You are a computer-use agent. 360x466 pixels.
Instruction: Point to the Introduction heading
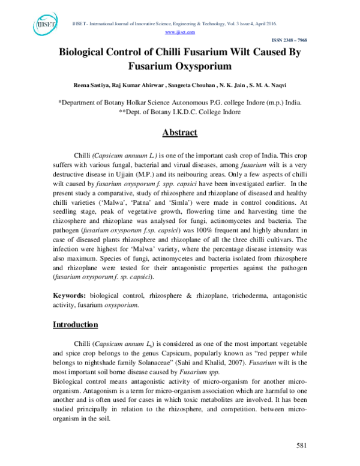click(x=76, y=325)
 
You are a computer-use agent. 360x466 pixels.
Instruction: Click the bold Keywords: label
click(x=70, y=296)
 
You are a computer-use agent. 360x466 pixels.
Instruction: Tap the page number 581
click(x=302, y=445)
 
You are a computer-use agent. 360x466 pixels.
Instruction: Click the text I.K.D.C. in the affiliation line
click(x=179, y=112)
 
